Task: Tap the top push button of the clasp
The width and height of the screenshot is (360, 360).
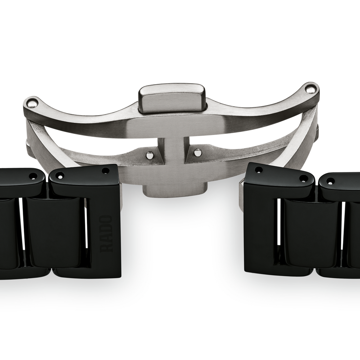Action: coord(172,99)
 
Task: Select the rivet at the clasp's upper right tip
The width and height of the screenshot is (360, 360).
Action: coord(310,89)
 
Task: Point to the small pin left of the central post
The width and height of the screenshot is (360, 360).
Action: coord(150,154)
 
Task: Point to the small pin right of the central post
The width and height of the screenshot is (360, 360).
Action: coord(198,152)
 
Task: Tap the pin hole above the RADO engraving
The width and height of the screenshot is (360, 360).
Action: coord(105,171)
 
